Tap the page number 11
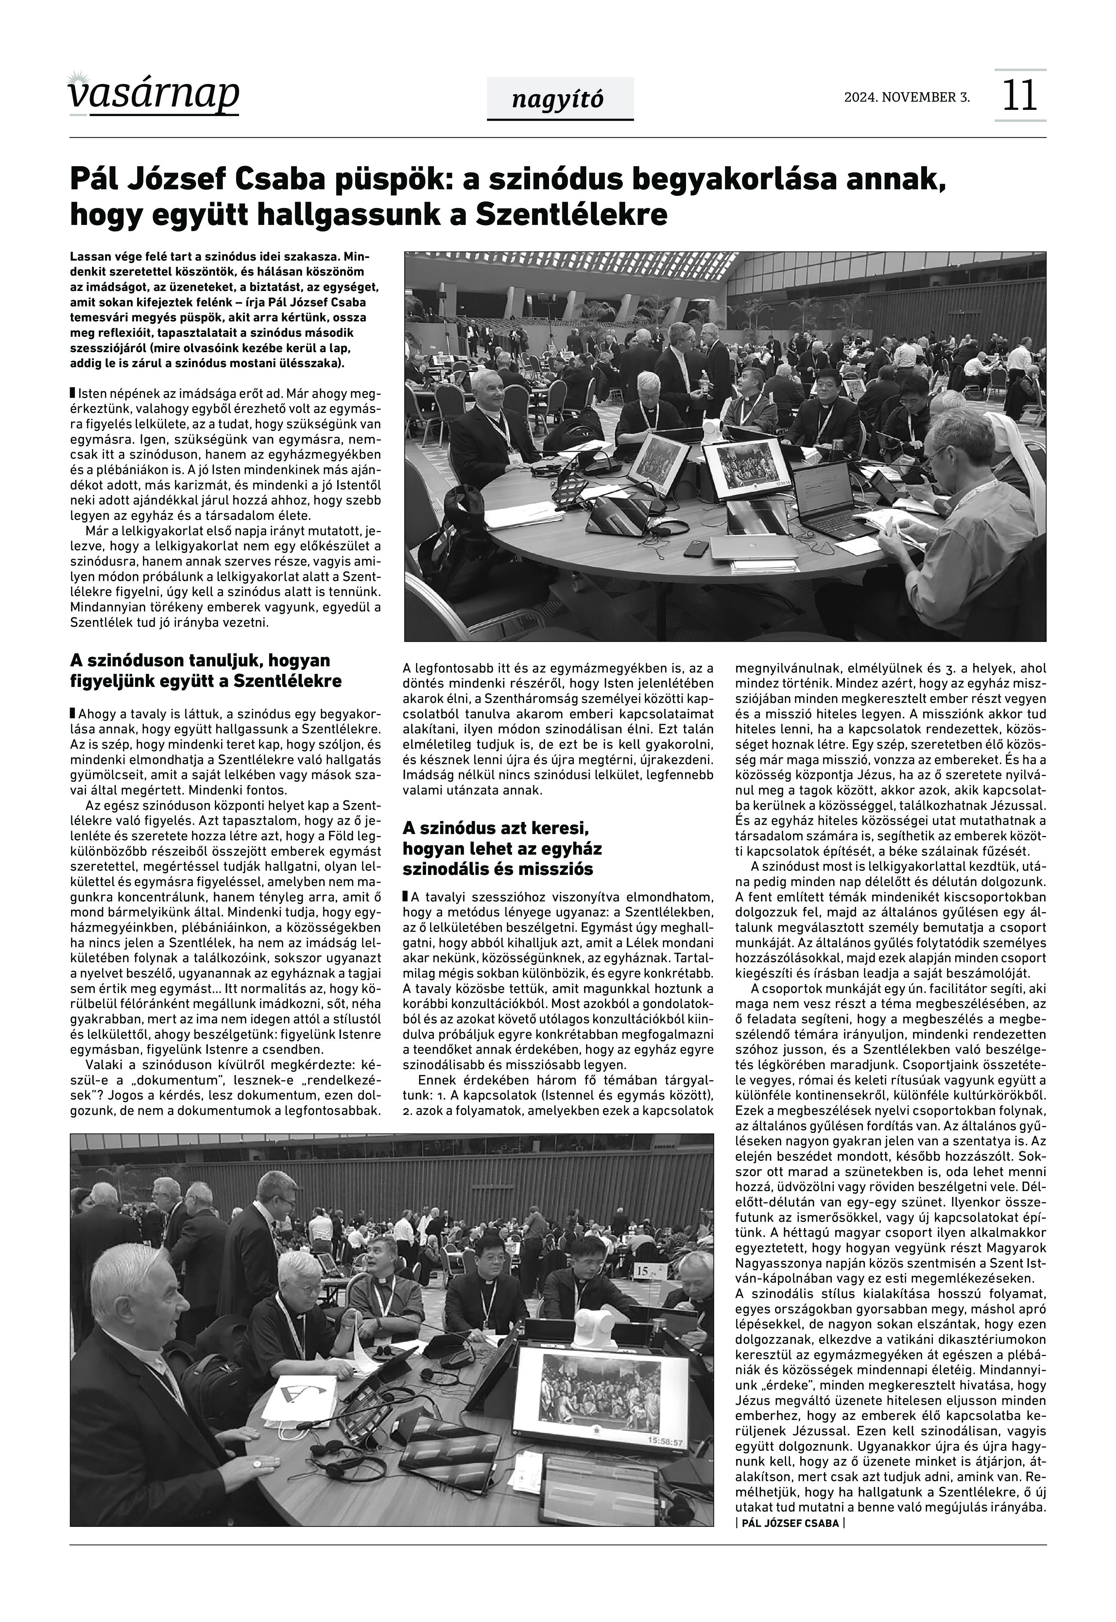1020,96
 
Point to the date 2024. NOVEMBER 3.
907,97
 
